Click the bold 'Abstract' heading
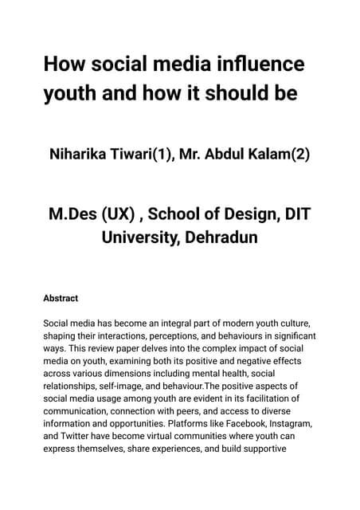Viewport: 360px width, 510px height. click(61, 298)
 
